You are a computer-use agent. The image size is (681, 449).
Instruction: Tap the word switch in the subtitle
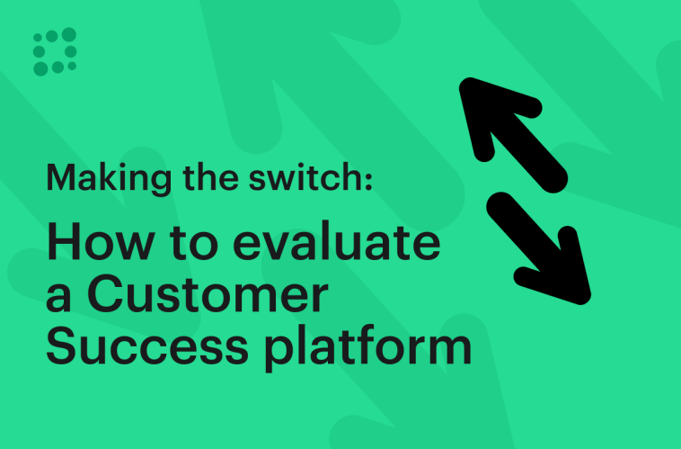314,179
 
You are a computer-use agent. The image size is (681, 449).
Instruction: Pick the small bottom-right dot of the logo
72,65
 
